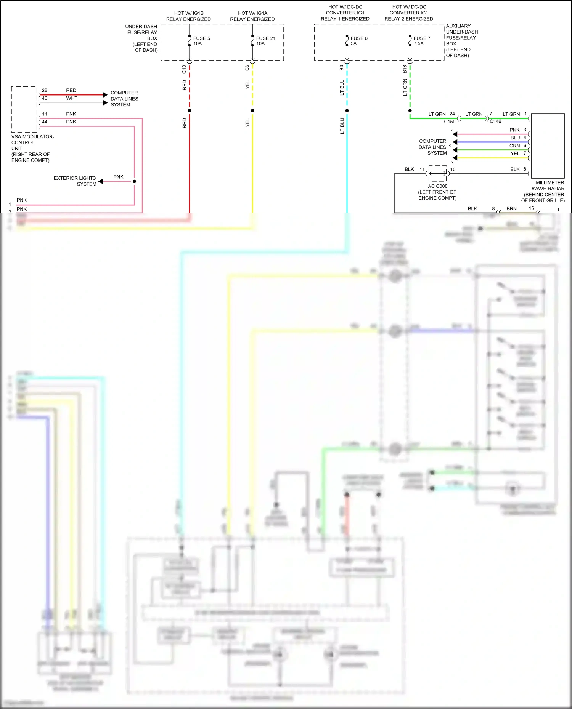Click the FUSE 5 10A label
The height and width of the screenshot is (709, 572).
pos(201,41)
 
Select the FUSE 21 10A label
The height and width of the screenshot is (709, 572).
pos(265,41)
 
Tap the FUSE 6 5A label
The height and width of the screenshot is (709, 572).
pos(359,41)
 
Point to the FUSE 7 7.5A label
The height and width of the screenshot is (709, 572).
pos(422,41)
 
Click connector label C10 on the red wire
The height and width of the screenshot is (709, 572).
pos(184,69)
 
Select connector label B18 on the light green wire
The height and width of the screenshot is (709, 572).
pos(405,69)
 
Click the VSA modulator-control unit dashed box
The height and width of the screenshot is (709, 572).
pos(24,109)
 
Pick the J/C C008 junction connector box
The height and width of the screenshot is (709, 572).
pos(437,173)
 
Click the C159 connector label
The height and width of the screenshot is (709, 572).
pos(450,122)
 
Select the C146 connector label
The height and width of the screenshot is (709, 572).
pos(495,121)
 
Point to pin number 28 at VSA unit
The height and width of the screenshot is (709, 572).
pos(45,90)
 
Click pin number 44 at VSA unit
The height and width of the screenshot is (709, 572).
pos(45,122)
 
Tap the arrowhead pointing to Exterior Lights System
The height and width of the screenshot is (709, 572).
pos(101,181)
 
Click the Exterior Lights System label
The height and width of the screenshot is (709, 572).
pos(75,181)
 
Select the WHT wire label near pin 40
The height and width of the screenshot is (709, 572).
pos(72,98)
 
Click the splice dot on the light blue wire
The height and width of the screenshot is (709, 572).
pos(347,111)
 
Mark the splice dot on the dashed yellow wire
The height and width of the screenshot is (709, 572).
pos(252,111)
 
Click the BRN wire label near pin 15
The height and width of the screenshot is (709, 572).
pos(511,208)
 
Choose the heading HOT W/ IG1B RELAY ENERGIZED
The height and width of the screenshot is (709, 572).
pos(188,16)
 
